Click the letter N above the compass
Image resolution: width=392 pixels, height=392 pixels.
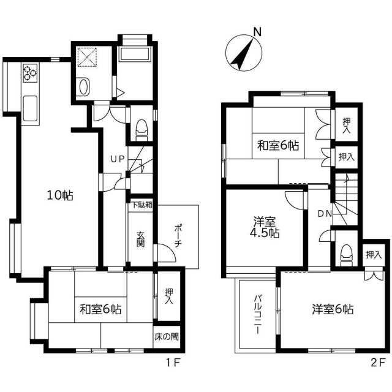click(x=257, y=32)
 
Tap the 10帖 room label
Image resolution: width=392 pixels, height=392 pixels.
click(x=60, y=195)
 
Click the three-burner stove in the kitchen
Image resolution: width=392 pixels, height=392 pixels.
click(x=30, y=73)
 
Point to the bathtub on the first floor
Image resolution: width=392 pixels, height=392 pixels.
click(x=135, y=54)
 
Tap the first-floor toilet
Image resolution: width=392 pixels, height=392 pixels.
click(x=141, y=130)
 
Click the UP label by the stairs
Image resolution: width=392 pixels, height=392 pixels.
click(x=118, y=159)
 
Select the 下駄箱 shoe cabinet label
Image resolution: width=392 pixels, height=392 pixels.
click(x=141, y=205)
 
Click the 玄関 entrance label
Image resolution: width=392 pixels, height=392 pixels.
click(x=140, y=239)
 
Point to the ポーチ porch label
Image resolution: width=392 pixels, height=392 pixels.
click(x=178, y=236)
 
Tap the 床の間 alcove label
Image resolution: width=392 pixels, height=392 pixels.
click(x=167, y=337)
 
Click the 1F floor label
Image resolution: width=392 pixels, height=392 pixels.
click(x=173, y=363)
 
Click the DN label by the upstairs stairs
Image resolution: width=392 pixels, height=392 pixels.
click(x=325, y=214)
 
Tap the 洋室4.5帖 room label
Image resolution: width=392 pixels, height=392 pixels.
click(x=265, y=227)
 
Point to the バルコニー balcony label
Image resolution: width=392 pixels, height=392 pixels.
click(x=258, y=314)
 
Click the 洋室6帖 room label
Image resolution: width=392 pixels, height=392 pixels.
click(x=333, y=309)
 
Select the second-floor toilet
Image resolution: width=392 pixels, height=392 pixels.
click(x=346, y=255)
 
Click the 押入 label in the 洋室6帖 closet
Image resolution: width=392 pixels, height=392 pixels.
click(x=374, y=255)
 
